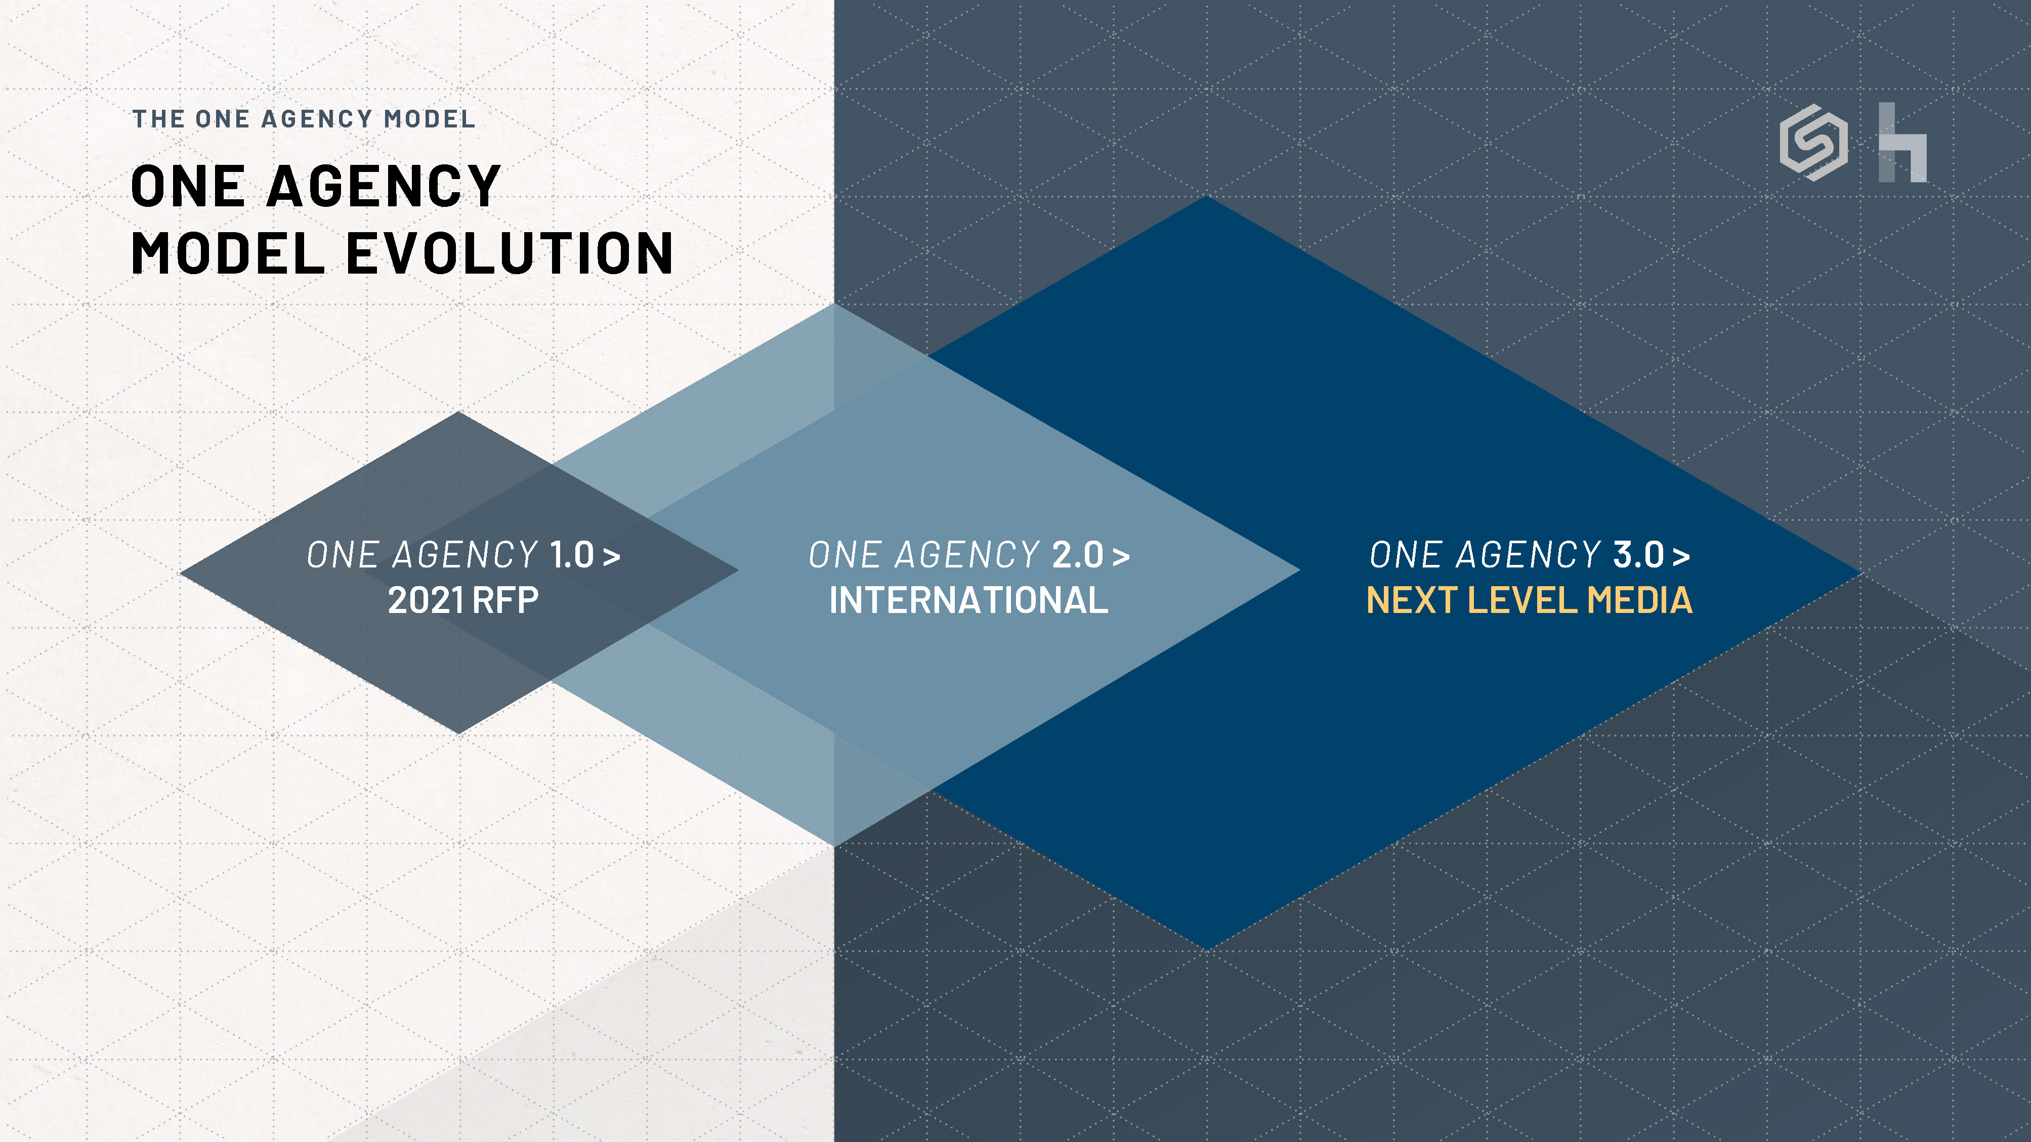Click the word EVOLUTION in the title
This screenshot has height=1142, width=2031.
tap(510, 254)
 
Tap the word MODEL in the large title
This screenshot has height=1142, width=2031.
tap(228, 254)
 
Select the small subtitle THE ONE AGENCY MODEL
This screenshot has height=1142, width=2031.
tap(304, 119)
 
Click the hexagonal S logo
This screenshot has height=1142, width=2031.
tap(1813, 143)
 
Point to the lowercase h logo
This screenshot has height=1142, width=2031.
tap(1902, 143)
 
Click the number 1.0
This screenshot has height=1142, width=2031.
tap(572, 555)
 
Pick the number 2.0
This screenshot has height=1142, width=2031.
tap(1078, 555)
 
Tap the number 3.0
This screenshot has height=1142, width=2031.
tap(1638, 555)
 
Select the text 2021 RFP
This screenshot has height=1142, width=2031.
tap(463, 600)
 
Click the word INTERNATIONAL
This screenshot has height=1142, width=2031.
tap(968, 600)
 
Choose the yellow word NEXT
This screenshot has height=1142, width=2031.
tap(1411, 600)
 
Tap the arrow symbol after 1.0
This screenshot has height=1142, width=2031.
tap(612, 556)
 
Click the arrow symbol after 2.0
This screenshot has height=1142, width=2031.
tap(1121, 556)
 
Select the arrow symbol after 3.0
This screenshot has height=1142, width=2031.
tap(1681, 556)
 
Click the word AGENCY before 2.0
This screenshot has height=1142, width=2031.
tap(968, 555)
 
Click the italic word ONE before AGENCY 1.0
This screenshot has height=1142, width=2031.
tap(343, 555)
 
